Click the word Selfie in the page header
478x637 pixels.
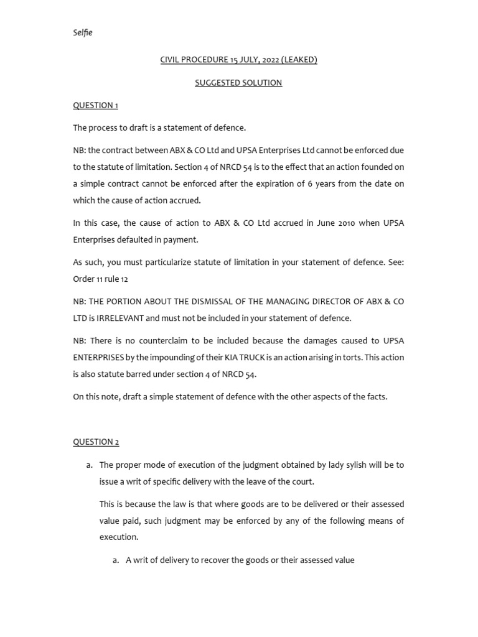click(83, 32)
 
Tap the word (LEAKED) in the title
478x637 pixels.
click(298, 60)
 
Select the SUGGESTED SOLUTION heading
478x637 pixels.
click(238, 83)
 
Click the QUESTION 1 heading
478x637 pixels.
click(95, 105)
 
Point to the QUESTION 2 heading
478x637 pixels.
click(96, 442)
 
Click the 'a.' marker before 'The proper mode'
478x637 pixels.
click(90, 465)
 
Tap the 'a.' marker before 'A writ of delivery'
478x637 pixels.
click(116, 560)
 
